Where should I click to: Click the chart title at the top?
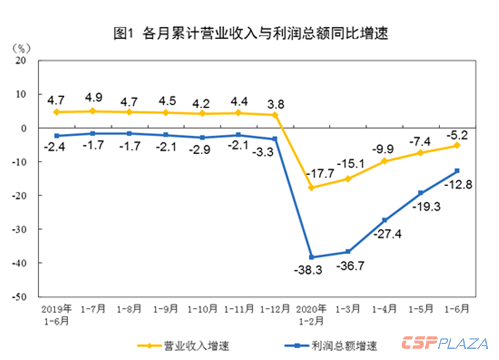coord(249,33)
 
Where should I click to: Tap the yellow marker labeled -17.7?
coord(312,187)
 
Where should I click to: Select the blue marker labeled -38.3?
coord(312,257)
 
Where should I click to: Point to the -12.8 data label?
coord(458,185)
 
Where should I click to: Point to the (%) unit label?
coord(21,48)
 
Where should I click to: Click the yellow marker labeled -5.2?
coord(457,145)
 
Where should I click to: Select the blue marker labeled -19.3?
coord(421,193)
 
